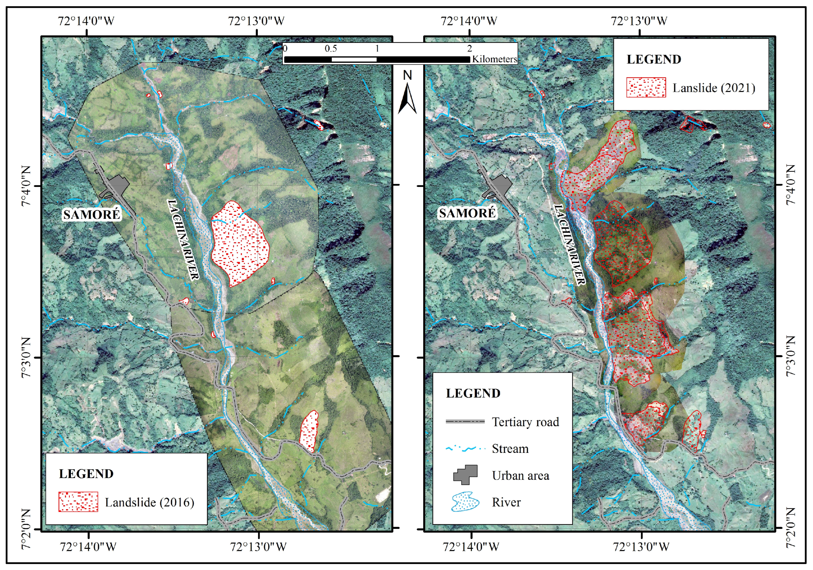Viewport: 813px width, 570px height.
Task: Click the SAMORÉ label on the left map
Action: (x=92, y=214)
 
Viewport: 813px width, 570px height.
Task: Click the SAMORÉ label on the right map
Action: (x=467, y=213)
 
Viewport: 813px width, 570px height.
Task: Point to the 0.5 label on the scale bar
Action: (x=331, y=49)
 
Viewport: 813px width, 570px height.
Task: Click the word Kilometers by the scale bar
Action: (x=494, y=59)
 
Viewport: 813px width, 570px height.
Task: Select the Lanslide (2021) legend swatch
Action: (x=646, y=87)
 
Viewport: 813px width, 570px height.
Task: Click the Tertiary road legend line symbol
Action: (x=465, y=421)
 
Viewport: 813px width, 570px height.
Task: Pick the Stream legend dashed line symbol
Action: (x=465, y=449)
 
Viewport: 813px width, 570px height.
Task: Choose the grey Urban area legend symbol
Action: (x=465, y=475)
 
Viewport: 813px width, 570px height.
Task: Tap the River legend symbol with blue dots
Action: (x=465, y=501)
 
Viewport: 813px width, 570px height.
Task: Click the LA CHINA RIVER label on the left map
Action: (x=183, y=240)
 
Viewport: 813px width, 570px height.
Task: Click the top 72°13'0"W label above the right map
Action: (x=639, y=21)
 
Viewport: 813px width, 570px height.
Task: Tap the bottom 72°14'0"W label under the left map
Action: (x=88, y=547)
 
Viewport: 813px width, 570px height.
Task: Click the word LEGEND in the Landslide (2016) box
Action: (x=86, y=474)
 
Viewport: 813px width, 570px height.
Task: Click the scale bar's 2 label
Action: (x=469, y=48)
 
